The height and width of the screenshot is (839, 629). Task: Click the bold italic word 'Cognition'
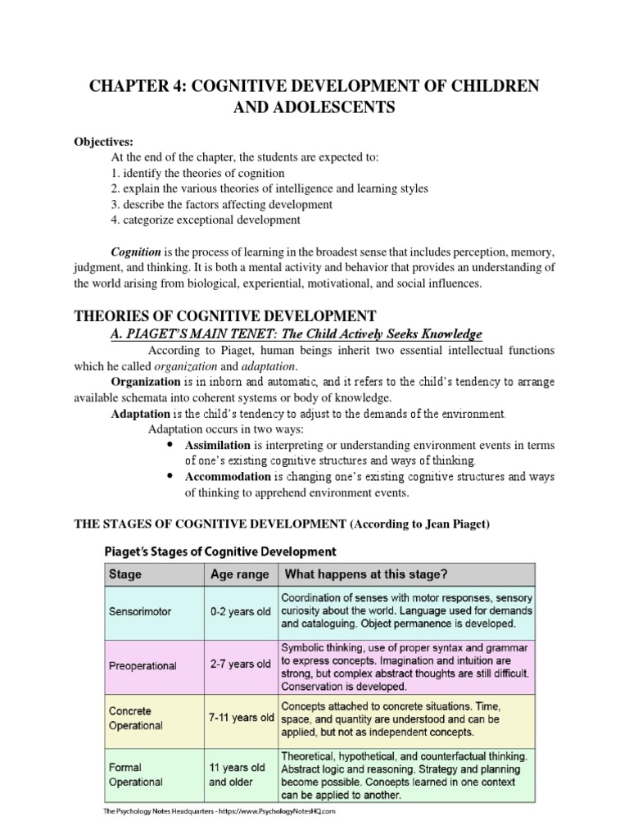pyautogui.click(x=137, y=254)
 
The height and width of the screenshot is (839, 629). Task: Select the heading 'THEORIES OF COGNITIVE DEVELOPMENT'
pyautogui.click(x=225, y=315)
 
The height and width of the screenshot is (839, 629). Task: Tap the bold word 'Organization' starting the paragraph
pyautogui.click(x=145, y=382)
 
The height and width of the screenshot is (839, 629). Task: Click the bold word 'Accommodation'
pyautogui.click(x=227, y=476)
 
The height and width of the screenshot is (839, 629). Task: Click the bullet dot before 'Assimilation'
pyautogui.click(x=170, y=445)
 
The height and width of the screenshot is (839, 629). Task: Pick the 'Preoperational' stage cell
pyautogui.click(x=143, y=665)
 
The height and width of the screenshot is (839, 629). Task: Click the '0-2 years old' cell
pyautogui.click(x=240, y=611)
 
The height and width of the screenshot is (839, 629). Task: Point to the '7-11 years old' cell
pyautogui.click(x=240, y=718)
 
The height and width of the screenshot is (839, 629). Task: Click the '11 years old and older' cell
pyautogui.click(x=238, y=774)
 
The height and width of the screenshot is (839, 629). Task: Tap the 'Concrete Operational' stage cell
pyautogui.click(x=136, y=718)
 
